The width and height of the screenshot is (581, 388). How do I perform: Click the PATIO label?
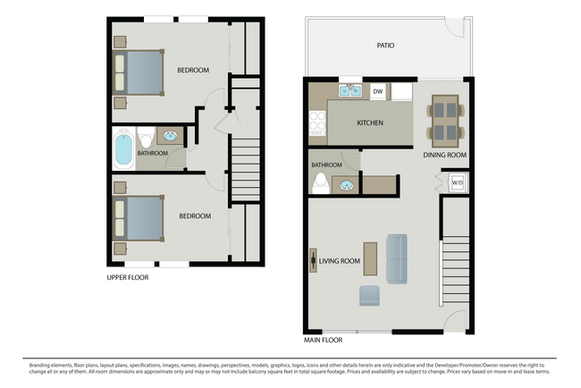[385, 45]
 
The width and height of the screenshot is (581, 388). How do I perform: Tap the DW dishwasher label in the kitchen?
[377, 90]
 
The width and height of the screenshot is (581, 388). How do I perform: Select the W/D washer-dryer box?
[456, 182]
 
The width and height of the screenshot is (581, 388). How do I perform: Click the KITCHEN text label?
[370, 122]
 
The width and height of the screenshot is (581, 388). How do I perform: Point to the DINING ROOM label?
[445, 155]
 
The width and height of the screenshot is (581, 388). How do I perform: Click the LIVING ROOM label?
[340, 261]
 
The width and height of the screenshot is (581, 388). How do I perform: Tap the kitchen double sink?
[349, 91]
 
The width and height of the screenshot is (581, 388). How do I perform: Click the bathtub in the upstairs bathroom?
[123, 148]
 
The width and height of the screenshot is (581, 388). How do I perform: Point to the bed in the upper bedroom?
[139, 72]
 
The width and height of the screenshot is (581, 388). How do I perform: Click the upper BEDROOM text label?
[193, 70]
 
